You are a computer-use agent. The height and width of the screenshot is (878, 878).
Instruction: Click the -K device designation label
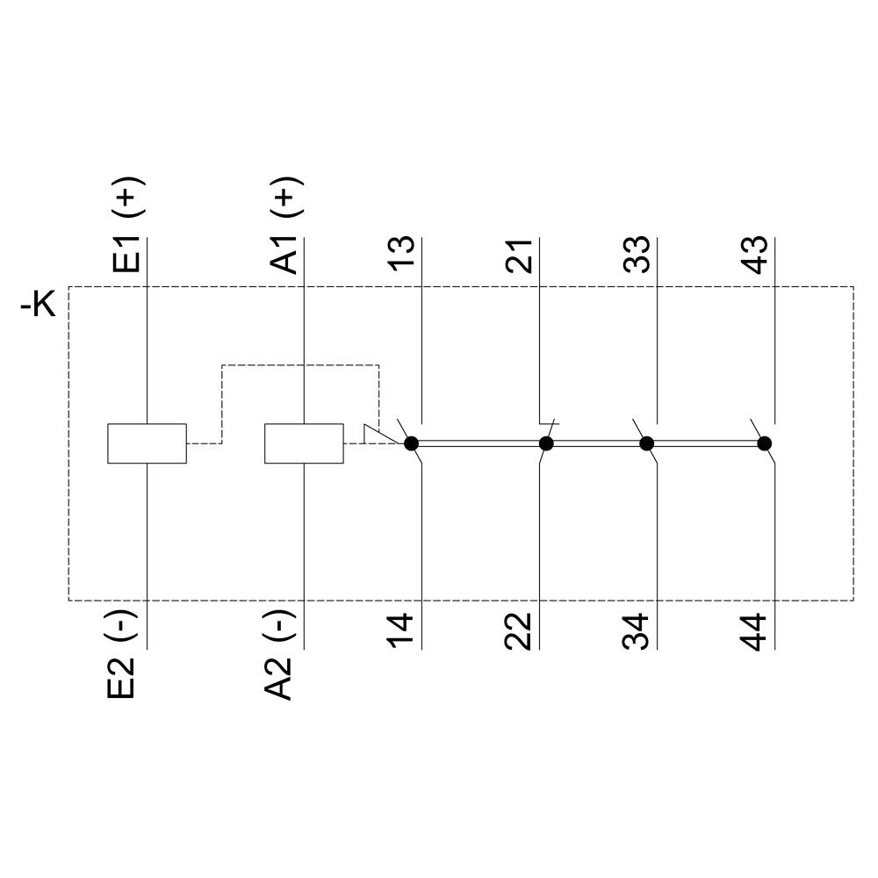[39, 307]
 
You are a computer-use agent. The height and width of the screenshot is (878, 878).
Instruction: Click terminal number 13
[403, 255]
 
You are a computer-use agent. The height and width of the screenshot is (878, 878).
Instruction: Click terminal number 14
[403, 631]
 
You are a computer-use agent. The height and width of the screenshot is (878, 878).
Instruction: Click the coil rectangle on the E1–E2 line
[147, 443]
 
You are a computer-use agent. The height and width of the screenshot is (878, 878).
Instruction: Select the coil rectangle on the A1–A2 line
[304, 443]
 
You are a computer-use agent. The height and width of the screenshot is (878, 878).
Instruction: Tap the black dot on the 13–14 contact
[411, 443]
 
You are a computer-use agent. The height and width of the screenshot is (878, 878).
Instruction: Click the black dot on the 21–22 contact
[546, 443]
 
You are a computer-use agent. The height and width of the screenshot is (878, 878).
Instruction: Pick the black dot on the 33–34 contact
[647, 443]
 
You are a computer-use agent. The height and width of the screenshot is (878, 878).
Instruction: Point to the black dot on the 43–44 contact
[765, 443]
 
